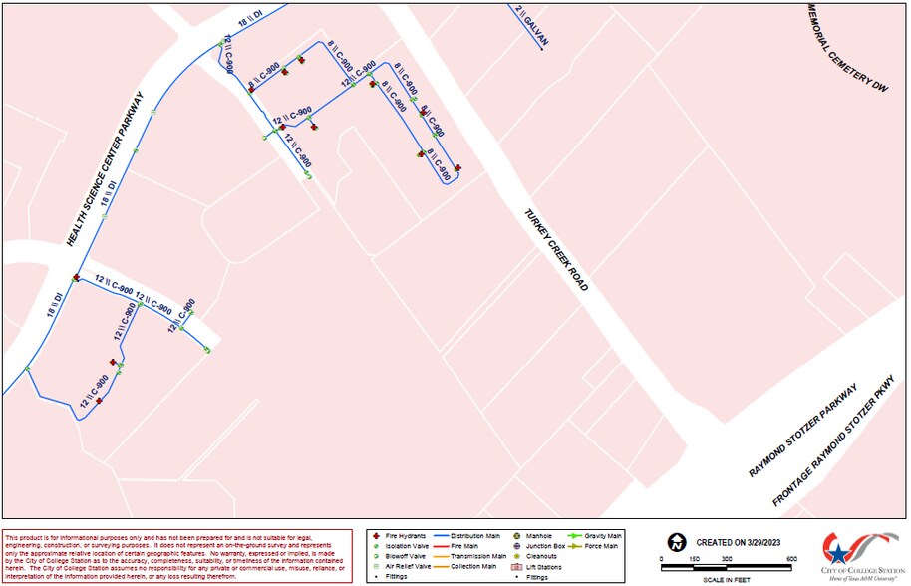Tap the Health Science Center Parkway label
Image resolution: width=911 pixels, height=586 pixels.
[105, 169]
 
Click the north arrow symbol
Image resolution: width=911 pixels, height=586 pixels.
[677, 543]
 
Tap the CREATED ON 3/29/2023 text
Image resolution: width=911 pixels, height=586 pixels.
[739, 542]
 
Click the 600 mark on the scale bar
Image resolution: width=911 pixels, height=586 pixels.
[790, 559]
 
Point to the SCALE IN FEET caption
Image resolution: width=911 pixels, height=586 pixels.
[726, 578]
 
